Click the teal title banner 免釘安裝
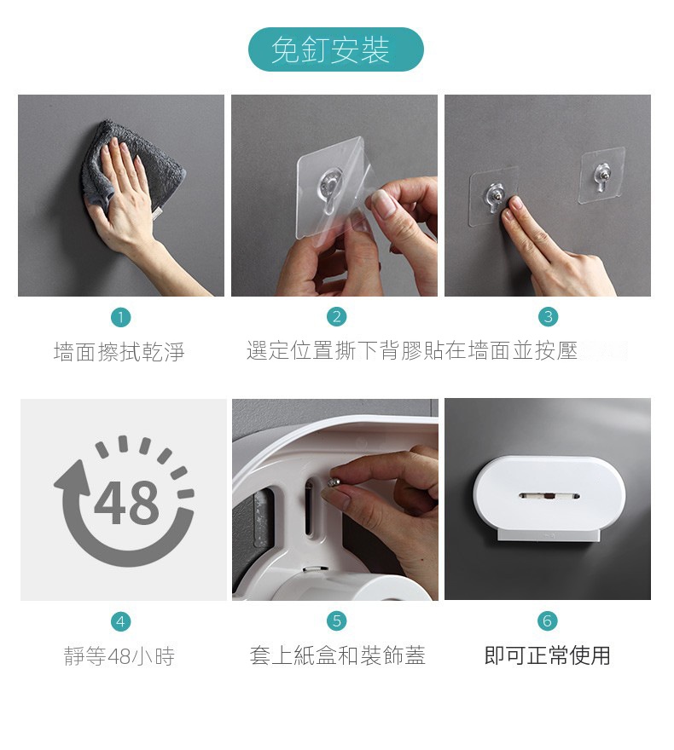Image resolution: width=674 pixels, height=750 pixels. coord(335,49)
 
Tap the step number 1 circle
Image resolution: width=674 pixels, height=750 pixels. coord(120,317)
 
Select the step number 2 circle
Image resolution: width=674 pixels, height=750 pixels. coord(336,317)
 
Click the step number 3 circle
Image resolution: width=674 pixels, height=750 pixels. coord(548,317)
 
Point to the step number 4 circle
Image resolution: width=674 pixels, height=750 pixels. coord(120,621)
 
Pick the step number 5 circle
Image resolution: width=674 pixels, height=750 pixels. coord(336,620)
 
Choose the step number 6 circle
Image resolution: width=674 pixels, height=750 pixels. coord(548,620)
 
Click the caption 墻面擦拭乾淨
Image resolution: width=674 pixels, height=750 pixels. coord(119,351)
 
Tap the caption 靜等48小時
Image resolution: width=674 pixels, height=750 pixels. coord(119,655)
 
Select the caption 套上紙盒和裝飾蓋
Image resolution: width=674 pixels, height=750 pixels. coord(337,655)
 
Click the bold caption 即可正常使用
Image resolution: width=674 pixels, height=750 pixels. coord(547,655)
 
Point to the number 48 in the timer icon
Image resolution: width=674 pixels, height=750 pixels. coord(126,502)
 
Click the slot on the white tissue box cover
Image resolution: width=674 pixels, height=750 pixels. coord(549,496)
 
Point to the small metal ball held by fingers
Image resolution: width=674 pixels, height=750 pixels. coord(333,481)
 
